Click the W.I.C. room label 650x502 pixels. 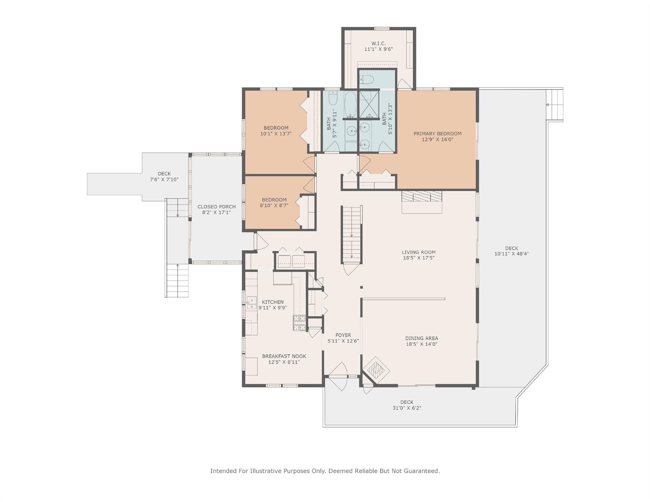378,43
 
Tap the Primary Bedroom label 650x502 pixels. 437,134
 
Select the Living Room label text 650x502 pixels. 419,252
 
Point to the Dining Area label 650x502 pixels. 421,338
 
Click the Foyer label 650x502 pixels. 343,335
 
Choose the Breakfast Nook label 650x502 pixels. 284,356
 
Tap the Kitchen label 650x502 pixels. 273,302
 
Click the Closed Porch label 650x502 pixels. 216,207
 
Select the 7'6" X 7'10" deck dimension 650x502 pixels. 164,179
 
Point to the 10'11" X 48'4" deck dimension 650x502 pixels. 511,254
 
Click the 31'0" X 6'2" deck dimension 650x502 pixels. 407,408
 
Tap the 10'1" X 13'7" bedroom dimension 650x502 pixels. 276,134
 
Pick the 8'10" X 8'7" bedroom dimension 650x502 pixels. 274,206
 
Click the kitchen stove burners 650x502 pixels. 299,323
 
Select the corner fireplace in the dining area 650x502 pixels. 376,370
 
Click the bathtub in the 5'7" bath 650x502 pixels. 351,103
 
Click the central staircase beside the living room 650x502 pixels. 351,234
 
